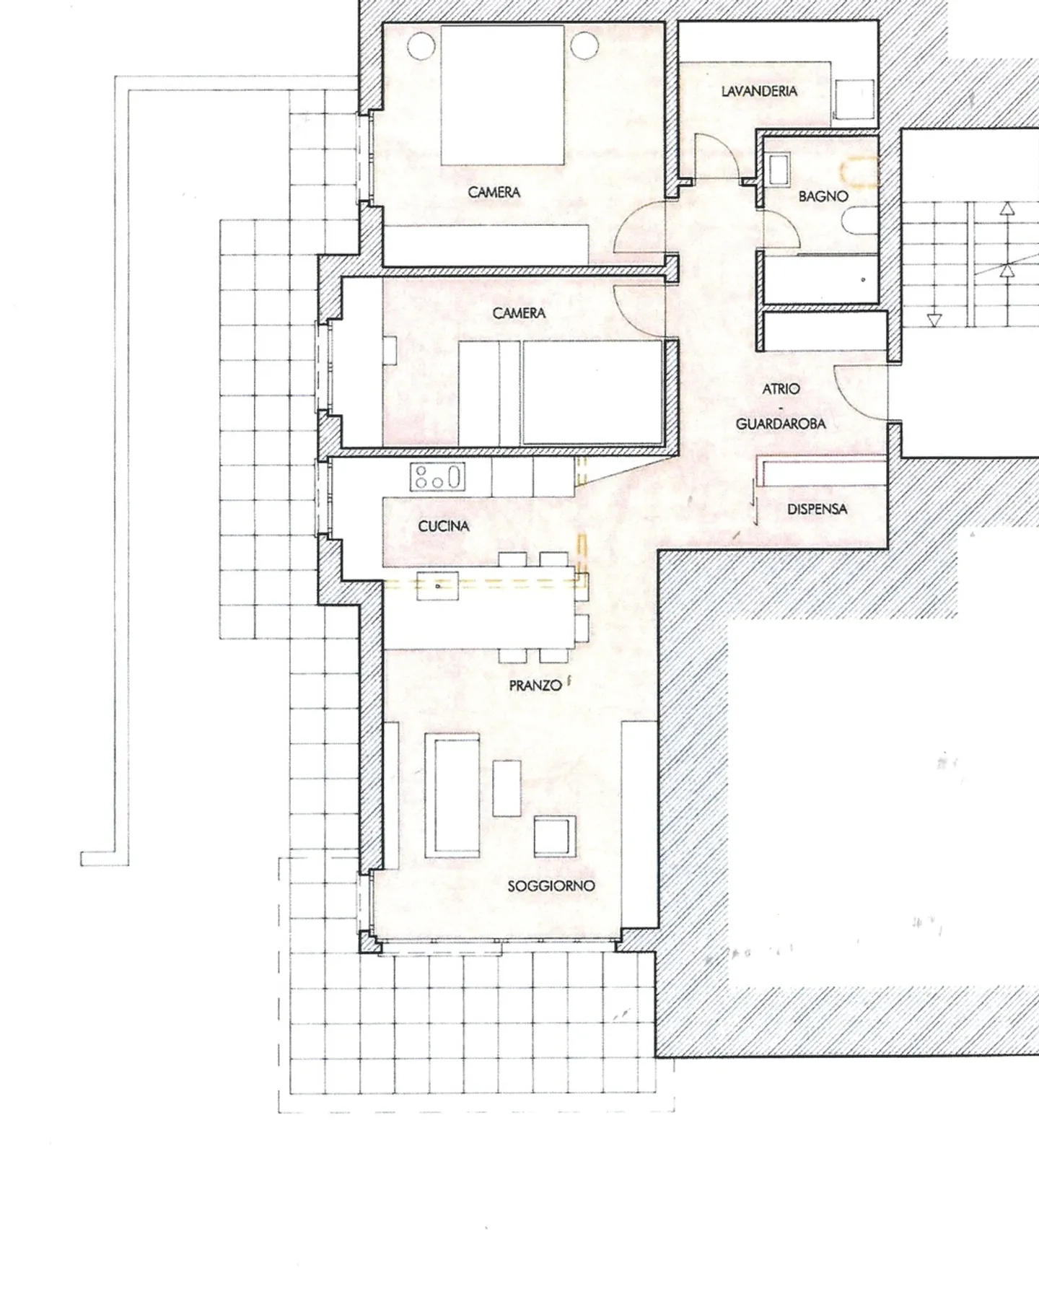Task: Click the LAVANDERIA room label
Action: (759, 91)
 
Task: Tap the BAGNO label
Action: (823, 196)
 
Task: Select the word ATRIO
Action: (781, 389)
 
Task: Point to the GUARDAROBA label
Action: (781, 424)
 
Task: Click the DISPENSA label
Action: (817, 509)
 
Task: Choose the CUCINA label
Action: (444, 526)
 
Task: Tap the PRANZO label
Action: (535, 686)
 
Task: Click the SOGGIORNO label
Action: (551, 885)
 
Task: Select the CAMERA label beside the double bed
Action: (494, 192)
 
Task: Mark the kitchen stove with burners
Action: (437, 477)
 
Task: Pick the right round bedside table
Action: (584, 47)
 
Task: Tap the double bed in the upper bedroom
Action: (502, 95)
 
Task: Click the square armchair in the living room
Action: (555, 836)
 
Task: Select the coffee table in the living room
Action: (507, 787)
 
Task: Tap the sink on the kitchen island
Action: (437, 587)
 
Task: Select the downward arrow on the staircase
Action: (934, 320)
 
